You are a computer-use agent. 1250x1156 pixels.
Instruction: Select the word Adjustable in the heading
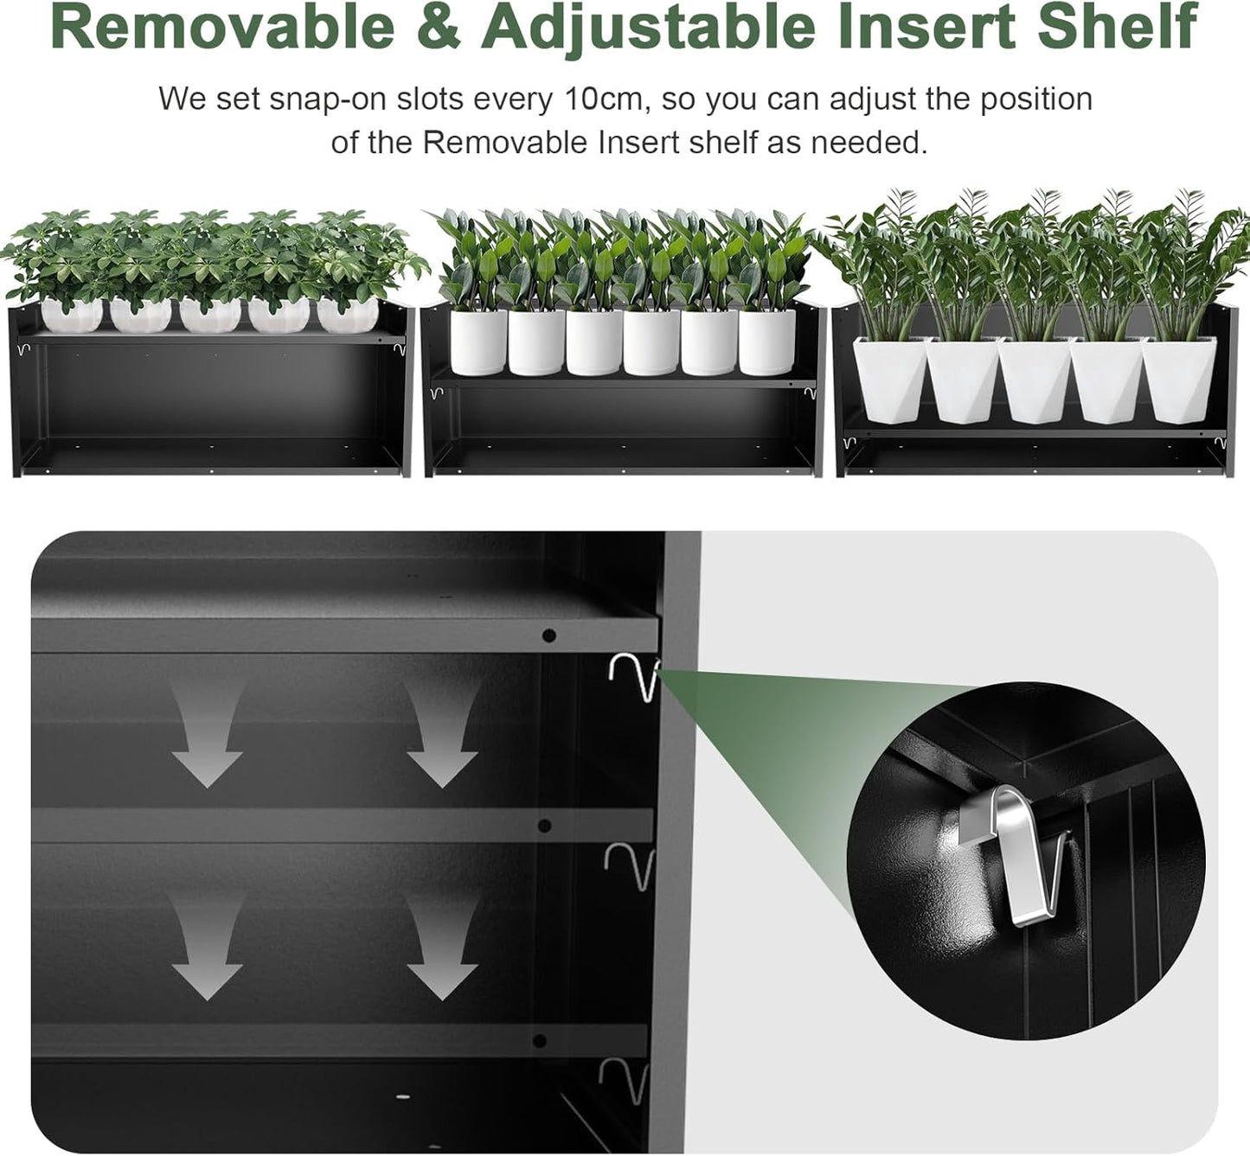pos(648,28)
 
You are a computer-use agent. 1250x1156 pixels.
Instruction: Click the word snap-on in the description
pos(329,99)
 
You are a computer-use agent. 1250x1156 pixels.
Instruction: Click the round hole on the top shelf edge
pos(548,635)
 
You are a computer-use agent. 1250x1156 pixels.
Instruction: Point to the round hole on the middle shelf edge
pos(545,826)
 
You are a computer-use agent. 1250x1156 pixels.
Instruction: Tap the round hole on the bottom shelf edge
pos(540,1040)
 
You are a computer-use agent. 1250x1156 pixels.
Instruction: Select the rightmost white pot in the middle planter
pos(766,342)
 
